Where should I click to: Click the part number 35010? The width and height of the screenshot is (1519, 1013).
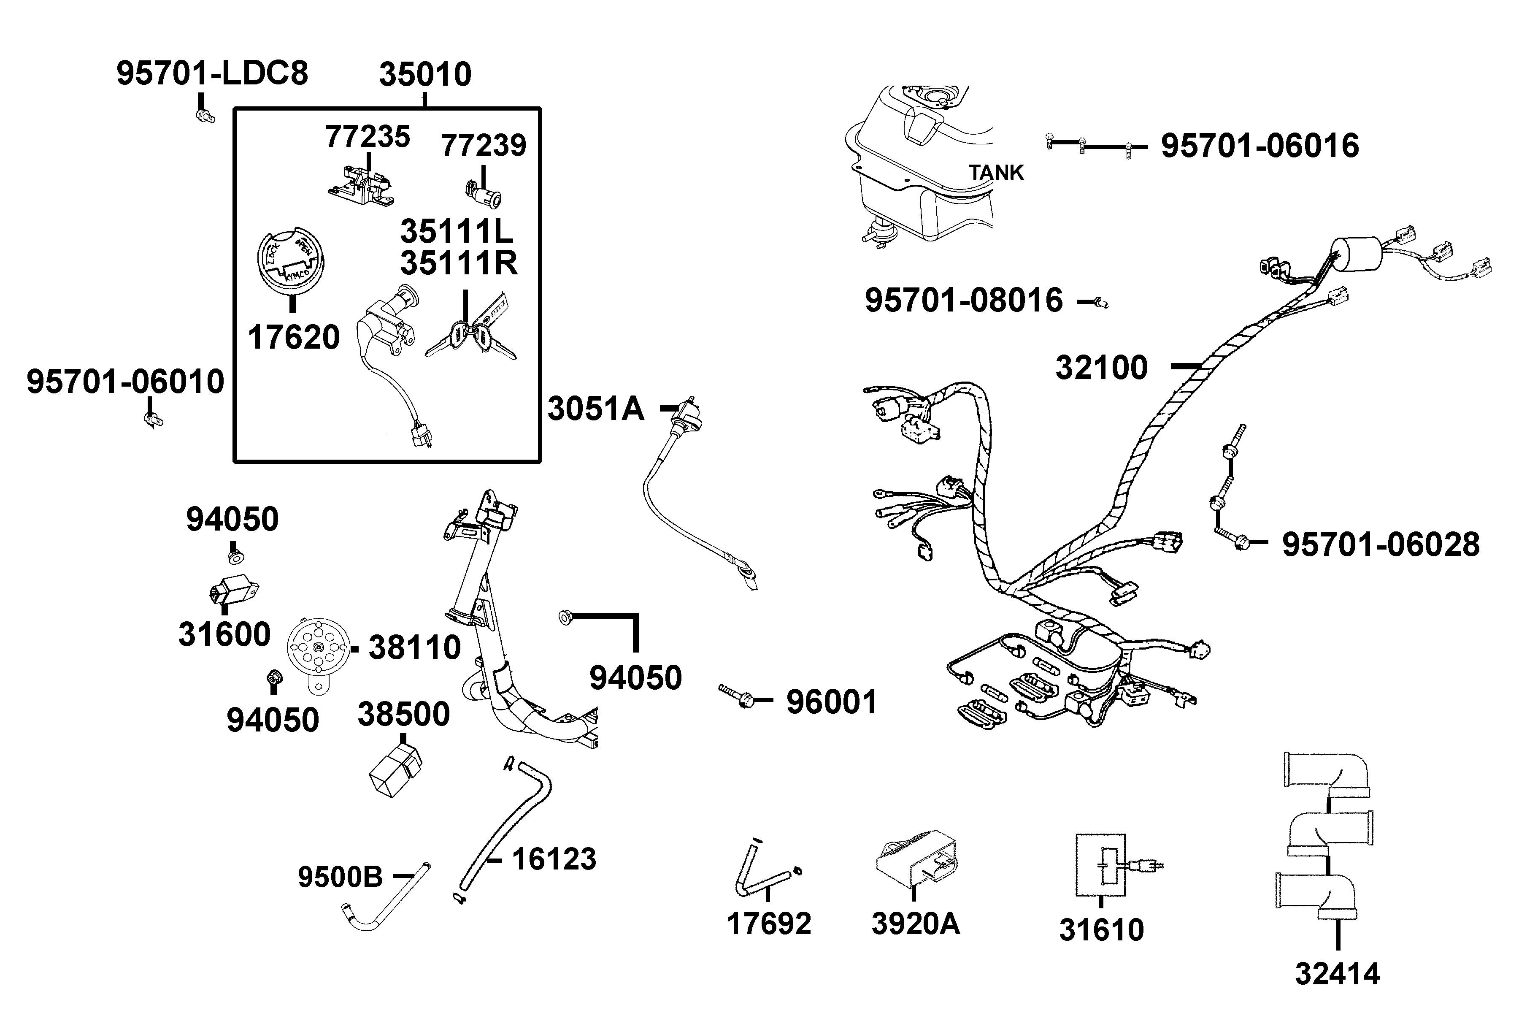click(x=425, y=75)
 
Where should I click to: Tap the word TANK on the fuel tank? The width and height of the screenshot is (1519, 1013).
click(x=996, y=173)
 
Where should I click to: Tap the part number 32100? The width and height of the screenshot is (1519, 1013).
click(x=1101, y=368)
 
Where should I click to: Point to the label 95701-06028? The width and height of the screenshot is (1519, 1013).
click(x=1381, y=544)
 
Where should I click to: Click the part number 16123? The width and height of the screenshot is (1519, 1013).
click(x=554, y=860)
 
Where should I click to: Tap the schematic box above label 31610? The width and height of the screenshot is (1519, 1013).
click(x=1100, y=865)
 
